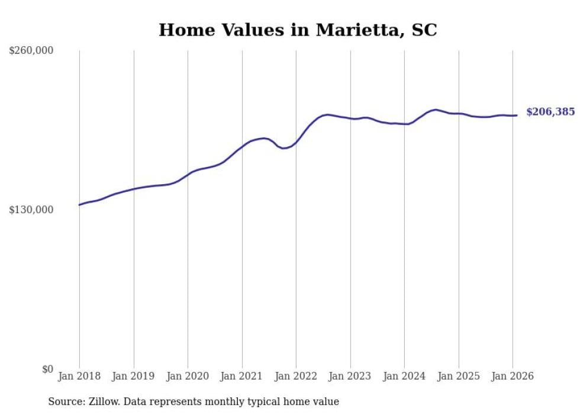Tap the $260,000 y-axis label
pos(31,51)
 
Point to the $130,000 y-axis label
pos(31,210)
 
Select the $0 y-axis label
pos(47,369)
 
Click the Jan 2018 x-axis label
pos(79,377)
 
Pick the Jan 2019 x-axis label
pos(134,377)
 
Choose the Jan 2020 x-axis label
pos(188,377)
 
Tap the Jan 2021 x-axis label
pos(242,377)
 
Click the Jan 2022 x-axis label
pos(296,377)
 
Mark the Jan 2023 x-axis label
pos(350,377)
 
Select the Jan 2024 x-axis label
pos(404,377)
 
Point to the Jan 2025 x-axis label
pos(459,377)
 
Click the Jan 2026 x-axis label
pos(513,377)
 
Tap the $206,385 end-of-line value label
pos(550,112)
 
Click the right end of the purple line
pos(517,115)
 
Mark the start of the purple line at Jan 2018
pos(80,205)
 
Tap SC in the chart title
pos(424,30)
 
